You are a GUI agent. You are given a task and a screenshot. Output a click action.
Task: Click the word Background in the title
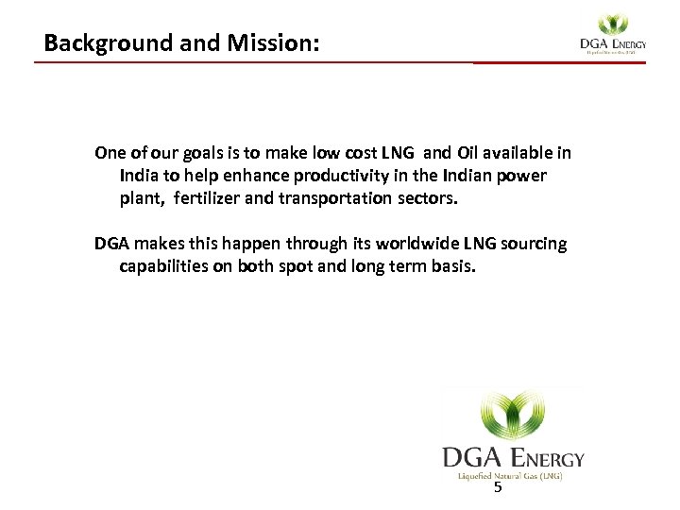(100, 43)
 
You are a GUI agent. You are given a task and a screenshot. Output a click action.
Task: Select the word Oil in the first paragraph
(468, 153)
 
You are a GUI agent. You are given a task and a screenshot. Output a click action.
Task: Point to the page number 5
(498, 488)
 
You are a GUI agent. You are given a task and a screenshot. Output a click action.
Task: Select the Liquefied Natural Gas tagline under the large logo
(511, 476)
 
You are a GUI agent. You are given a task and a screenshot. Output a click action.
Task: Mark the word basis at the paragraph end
(453, 266)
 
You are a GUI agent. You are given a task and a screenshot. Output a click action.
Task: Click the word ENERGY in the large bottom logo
(547, 459)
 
